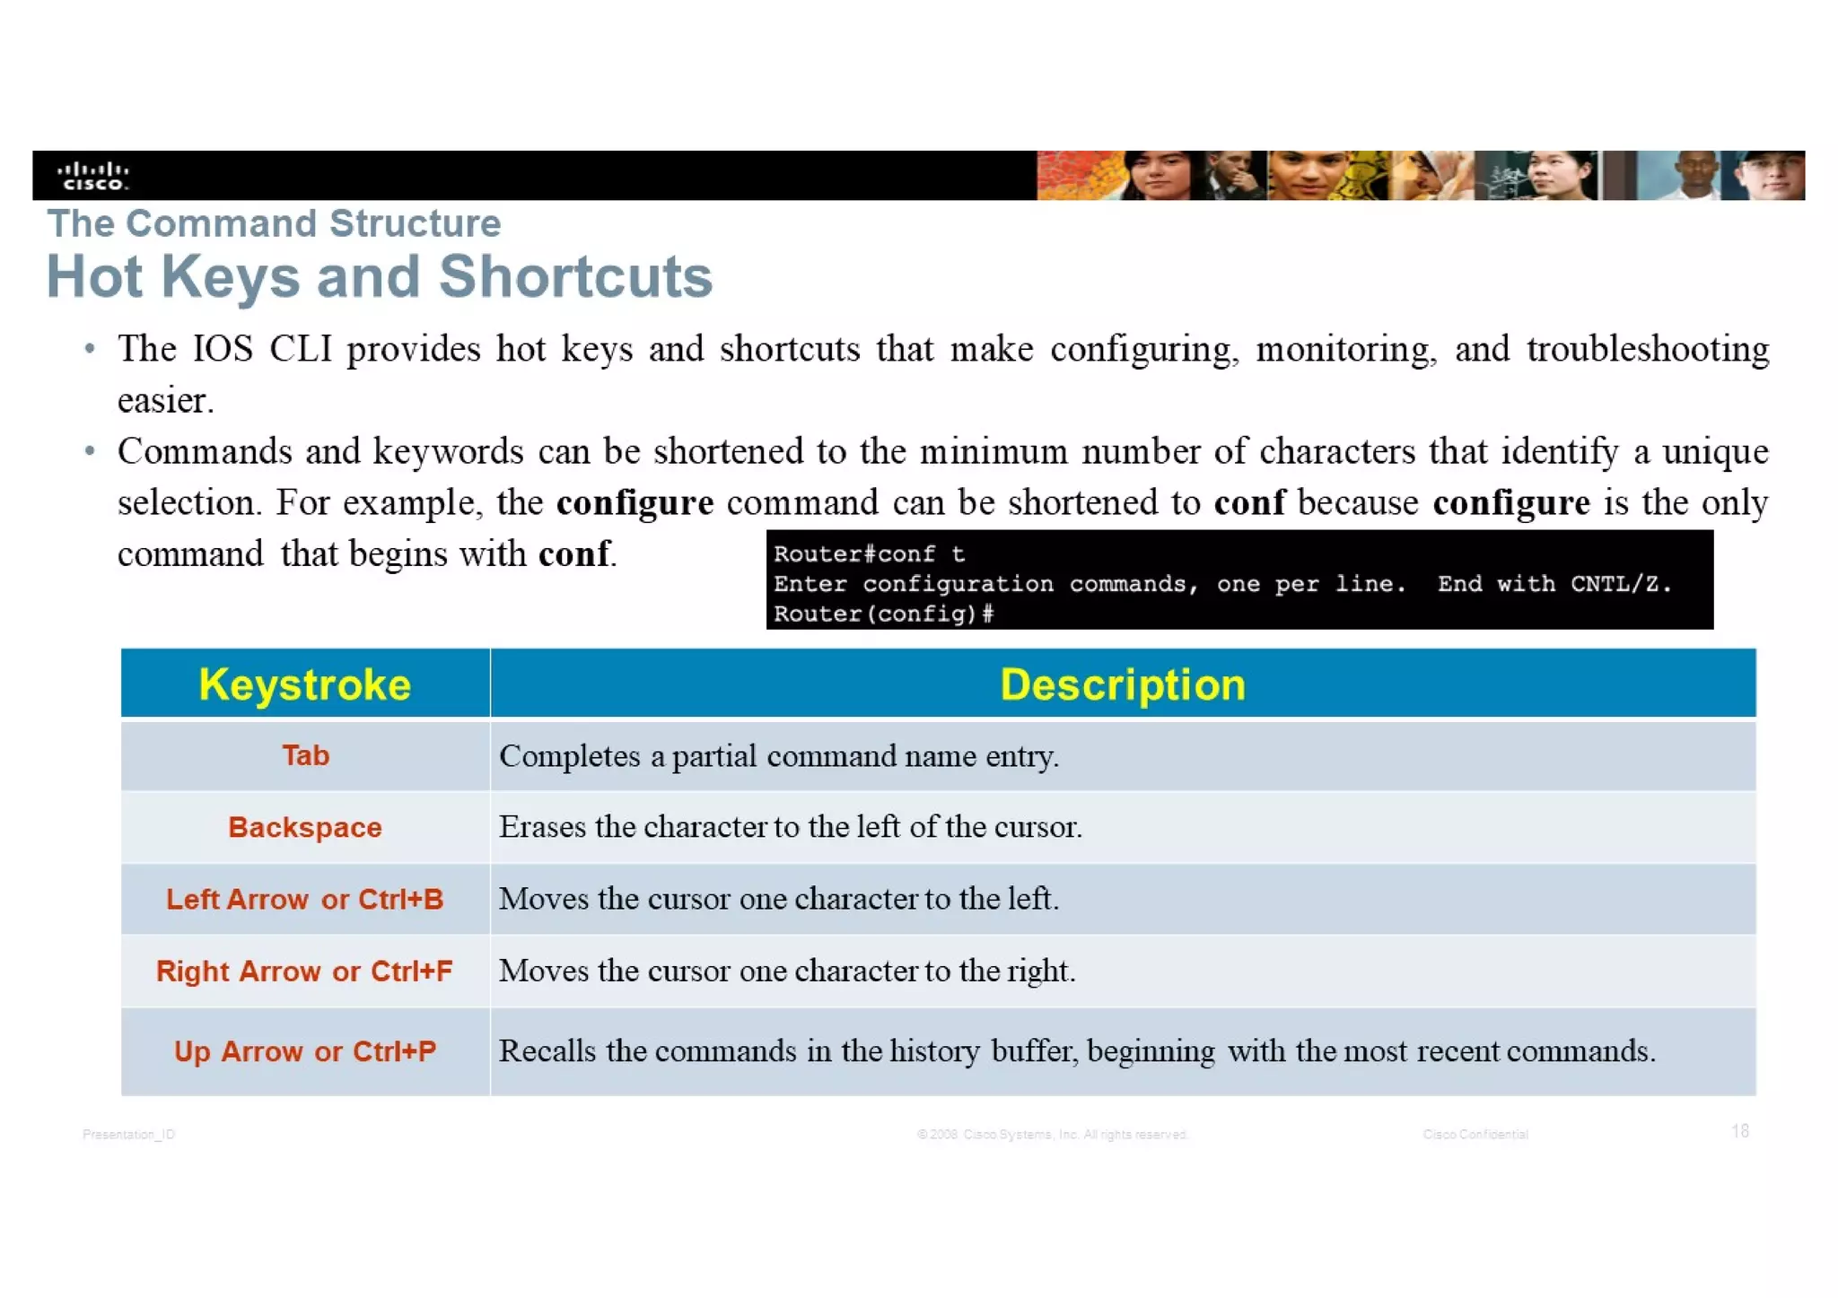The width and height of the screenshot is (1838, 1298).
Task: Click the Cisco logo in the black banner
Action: coord(92,175)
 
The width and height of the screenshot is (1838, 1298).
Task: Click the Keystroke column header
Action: coord(305,684)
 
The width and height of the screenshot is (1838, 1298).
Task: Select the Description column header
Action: coord(1122,684)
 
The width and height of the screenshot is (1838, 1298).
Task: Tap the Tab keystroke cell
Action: coord(305,755)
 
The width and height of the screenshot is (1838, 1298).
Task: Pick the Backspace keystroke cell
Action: coord(305,827)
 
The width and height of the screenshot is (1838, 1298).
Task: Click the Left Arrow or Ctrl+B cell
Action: coord(305,899)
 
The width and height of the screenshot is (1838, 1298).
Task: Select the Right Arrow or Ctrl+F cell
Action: coord(305,971)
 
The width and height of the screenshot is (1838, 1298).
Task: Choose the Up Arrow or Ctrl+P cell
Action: coord(305,1050)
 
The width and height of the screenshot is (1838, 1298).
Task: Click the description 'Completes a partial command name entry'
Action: coord(779,756)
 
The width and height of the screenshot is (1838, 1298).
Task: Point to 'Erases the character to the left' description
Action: coord(790,827)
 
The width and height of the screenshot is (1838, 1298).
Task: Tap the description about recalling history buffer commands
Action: coord(1077,1050)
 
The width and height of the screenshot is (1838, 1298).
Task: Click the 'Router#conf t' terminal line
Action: coord(869,554)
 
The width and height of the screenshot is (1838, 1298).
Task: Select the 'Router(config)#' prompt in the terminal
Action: coord(883,614)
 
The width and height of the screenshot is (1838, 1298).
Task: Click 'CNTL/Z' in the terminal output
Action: coord(1621,584)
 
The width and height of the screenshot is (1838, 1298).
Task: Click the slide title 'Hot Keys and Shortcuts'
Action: coord(380,276)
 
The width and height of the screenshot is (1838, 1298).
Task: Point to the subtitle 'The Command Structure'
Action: coord(274,223)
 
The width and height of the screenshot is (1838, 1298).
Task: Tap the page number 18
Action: coord(1740,1131)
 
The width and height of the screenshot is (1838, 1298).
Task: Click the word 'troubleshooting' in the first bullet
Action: coord(1648,349)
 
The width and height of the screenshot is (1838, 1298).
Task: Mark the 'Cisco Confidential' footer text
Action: coord(1475,1135)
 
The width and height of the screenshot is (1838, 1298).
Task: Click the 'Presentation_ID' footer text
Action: coord(128,1135)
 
